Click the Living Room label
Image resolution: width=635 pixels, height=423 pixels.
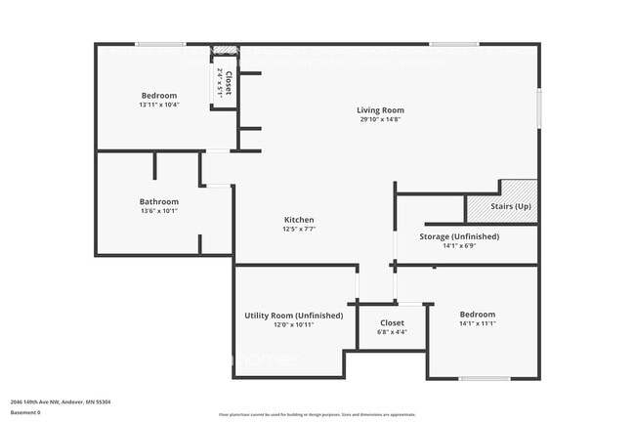tap(379, 110)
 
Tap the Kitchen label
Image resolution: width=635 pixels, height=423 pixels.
tap(299, 220)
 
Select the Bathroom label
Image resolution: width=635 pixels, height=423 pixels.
tap(158, 201)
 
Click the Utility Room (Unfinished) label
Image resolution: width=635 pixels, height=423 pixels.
tap(293, 316)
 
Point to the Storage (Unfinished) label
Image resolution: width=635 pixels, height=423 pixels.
tap(458, 236)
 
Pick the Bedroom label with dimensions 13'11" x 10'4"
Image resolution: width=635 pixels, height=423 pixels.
tap(158, 96)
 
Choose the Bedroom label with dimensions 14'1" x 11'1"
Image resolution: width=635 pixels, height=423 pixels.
tap(477, 314)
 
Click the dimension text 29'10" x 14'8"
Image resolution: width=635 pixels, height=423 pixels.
tap(379, 120)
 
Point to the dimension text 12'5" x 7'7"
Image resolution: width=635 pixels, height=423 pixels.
tap(299, 230)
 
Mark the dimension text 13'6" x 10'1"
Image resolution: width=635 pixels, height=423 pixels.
tap(158, 210)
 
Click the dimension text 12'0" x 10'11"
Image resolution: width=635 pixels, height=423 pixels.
tap(293, 325)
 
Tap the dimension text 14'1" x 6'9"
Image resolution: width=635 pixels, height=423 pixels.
tap(458, 246)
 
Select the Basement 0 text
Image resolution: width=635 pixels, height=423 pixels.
tap(26, 412)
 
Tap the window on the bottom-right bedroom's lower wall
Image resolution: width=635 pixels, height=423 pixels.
tap(485, 379)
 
